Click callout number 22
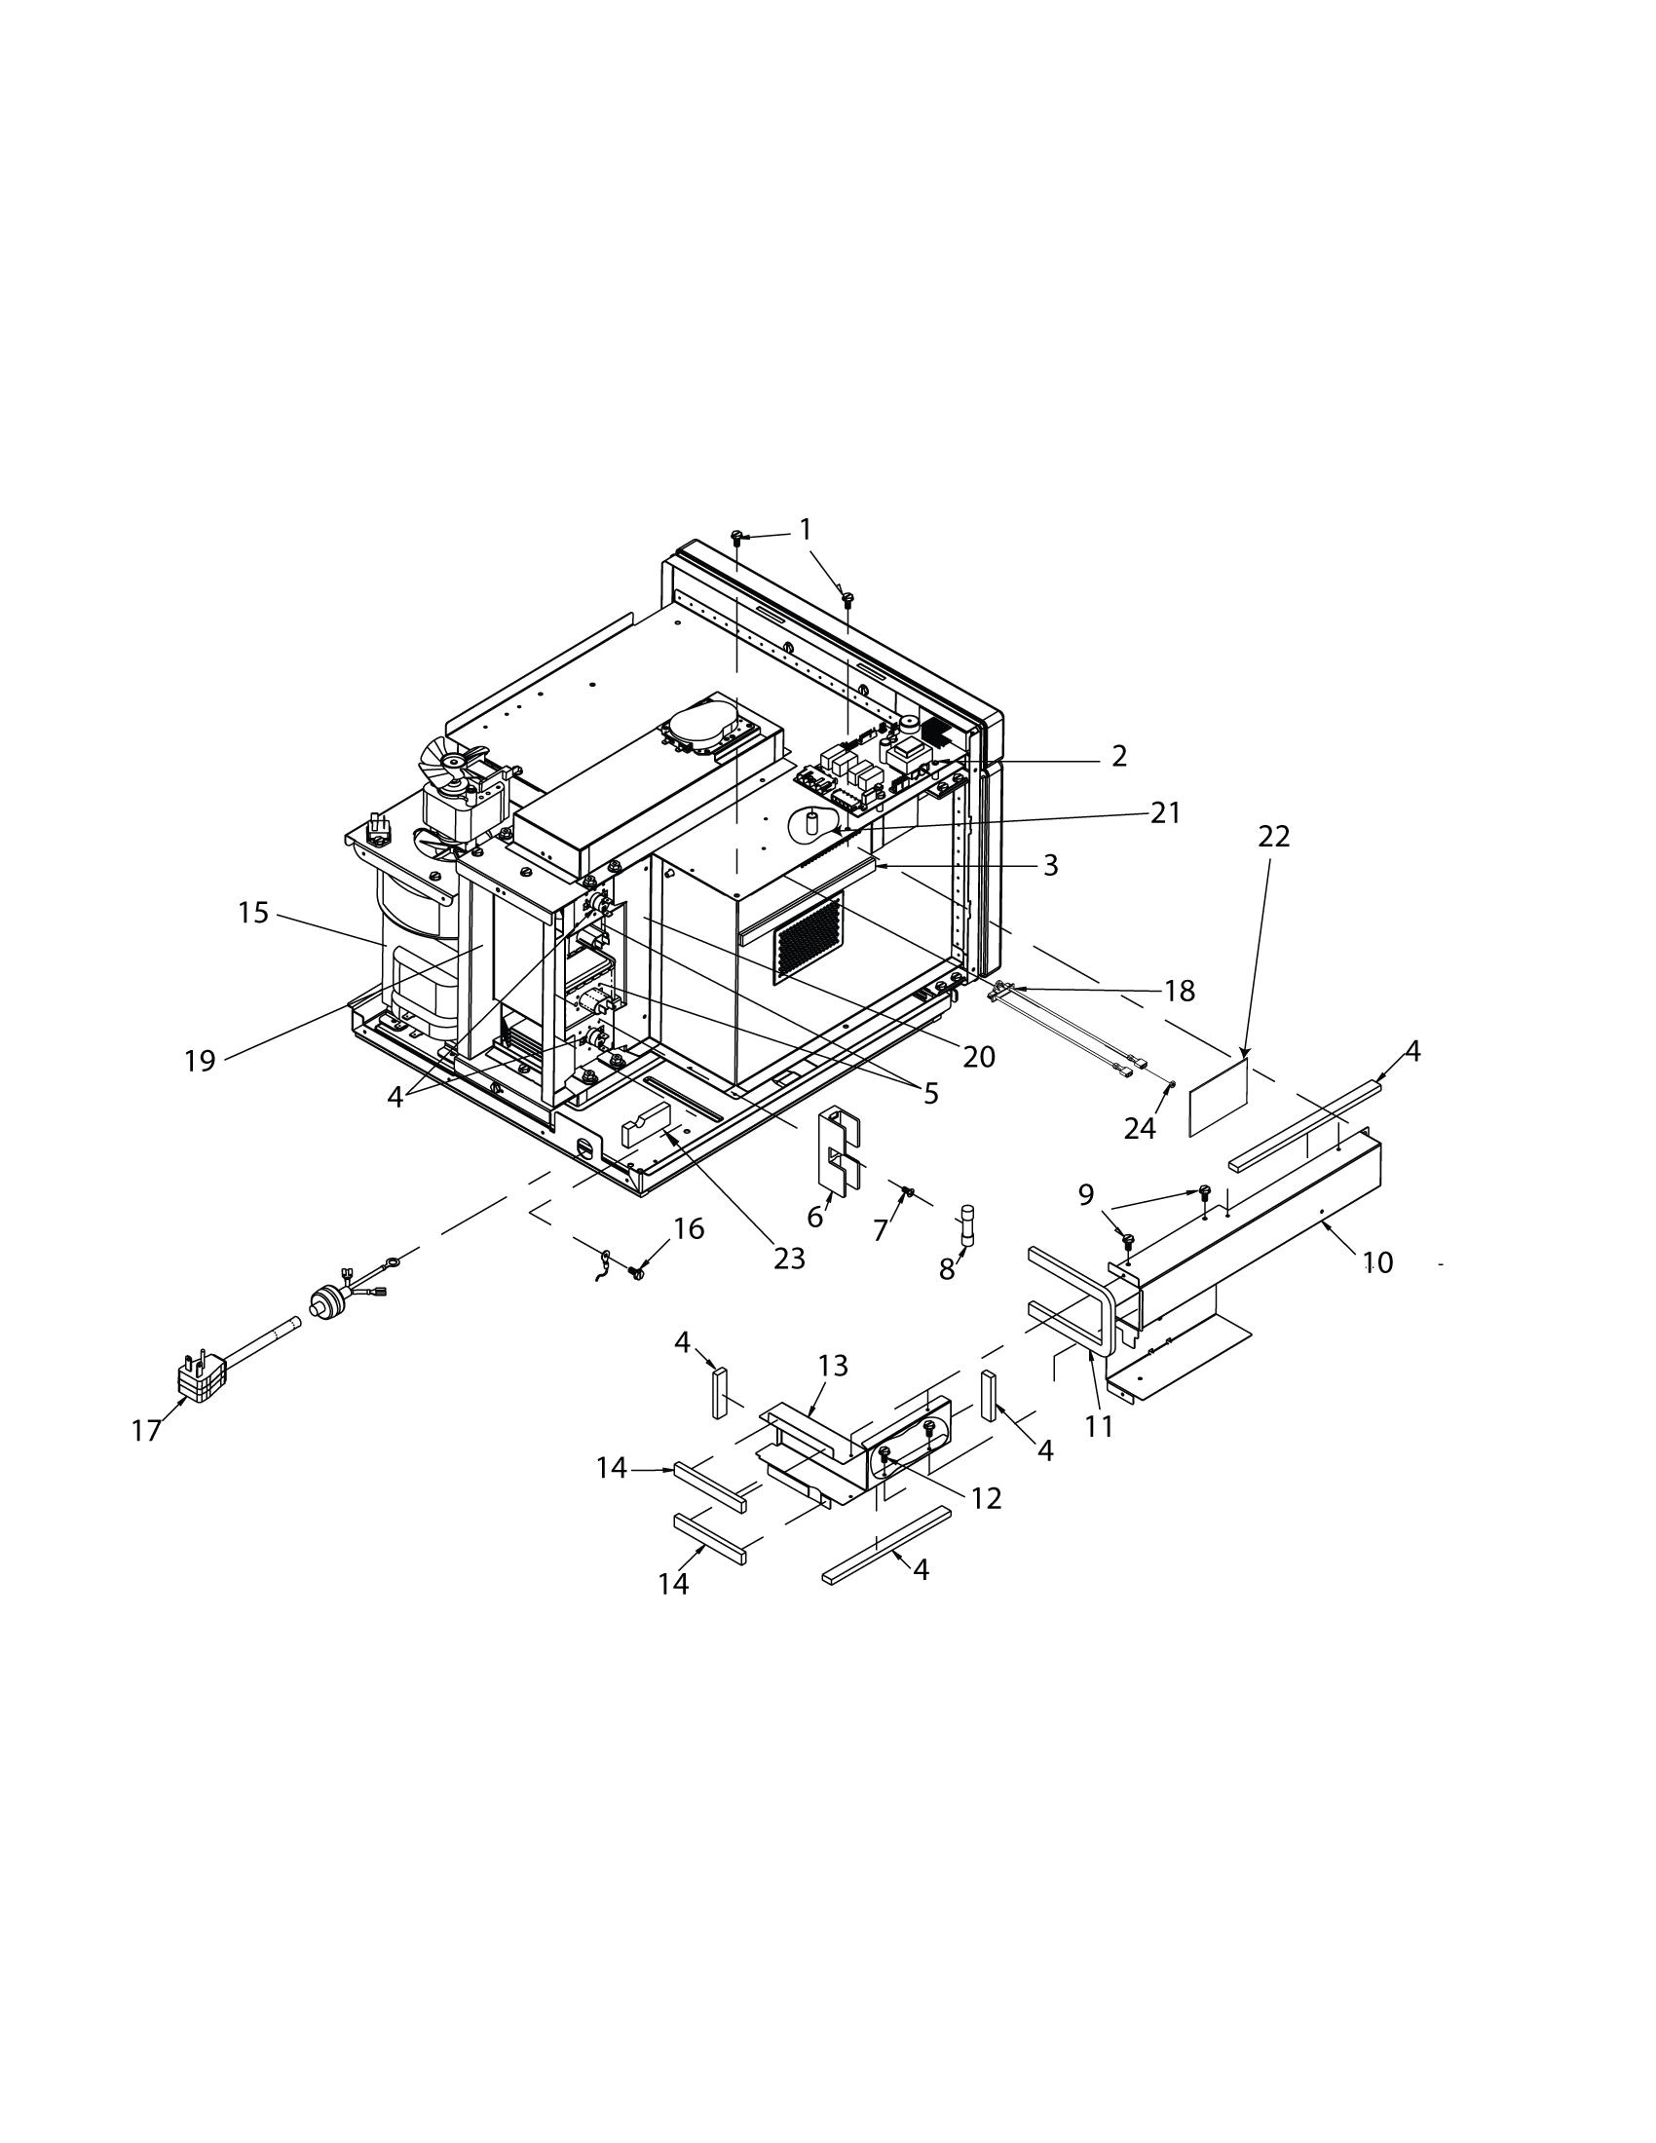point(1273,837)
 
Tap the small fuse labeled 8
point(969,1223)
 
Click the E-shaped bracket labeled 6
point(835,1152)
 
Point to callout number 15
point(253,913)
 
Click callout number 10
point(1377,1262)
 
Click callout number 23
point(789,1258)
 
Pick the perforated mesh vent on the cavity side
point(809,938)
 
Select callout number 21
point(1165,812)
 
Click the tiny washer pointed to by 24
point(1172,1082)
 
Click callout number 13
point(832,1366)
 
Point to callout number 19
point(200,1061)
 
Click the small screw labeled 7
point(909,1193)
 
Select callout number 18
point(1181,991)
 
